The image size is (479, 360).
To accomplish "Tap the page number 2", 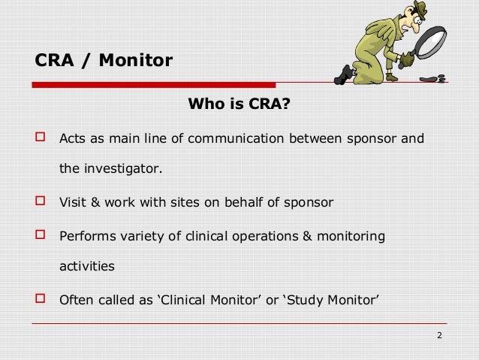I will tap(440, 335).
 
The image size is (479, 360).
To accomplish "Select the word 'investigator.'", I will tap(122, 168).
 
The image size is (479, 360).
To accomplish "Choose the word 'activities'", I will tap(87, 266).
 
